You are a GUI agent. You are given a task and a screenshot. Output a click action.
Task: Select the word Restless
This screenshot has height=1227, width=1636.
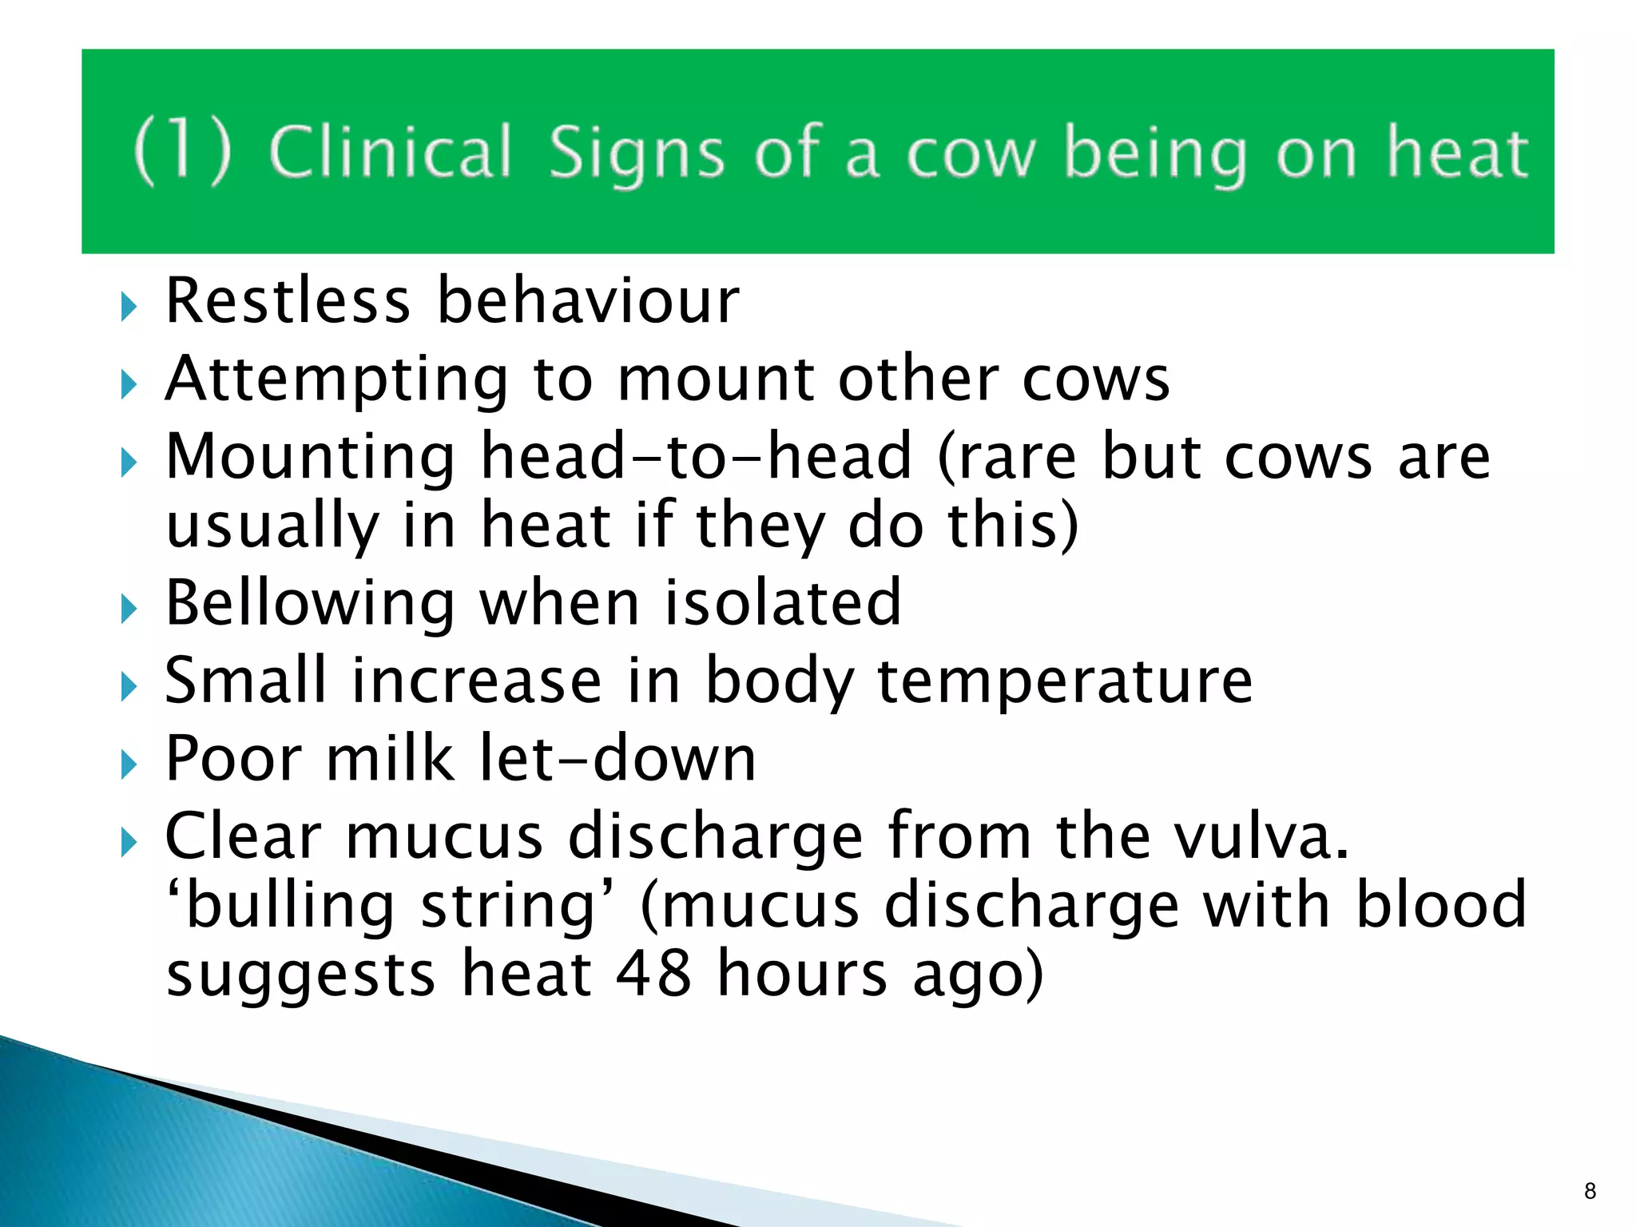pyautogui.click(x=288, y=301)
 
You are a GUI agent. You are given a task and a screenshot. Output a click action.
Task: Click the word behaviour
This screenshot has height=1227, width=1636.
pyautogui.click(x=589, y=301)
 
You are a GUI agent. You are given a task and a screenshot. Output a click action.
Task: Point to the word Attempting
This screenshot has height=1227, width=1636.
pyautogui.click(x=336, y=379)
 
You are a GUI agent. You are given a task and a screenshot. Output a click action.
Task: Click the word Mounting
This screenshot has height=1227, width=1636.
pyautogui.click(x=310, y=456)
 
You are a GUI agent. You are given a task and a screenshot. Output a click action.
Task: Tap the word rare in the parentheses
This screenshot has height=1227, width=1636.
pyautogui.click(x=1009, y=458)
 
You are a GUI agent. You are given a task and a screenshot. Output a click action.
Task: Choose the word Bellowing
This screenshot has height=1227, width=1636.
pyautogui.click(x=310, y=603)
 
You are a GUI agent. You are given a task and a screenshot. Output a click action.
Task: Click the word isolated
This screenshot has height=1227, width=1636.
pyautogui.click(x=783, y=603)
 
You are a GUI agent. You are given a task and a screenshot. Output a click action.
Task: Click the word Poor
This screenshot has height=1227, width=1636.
pyautogui.click(x=233, y=758)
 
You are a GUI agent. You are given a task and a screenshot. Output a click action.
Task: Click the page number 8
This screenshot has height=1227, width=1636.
pyautogui.click(x=1590, y=1191)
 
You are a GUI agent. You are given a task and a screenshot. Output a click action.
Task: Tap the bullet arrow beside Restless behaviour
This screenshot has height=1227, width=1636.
pyautogui.click(x=129, y=306)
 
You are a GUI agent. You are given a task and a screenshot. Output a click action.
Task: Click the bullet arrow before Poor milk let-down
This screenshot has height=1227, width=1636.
pyautogui.click(x=129, y=764)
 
